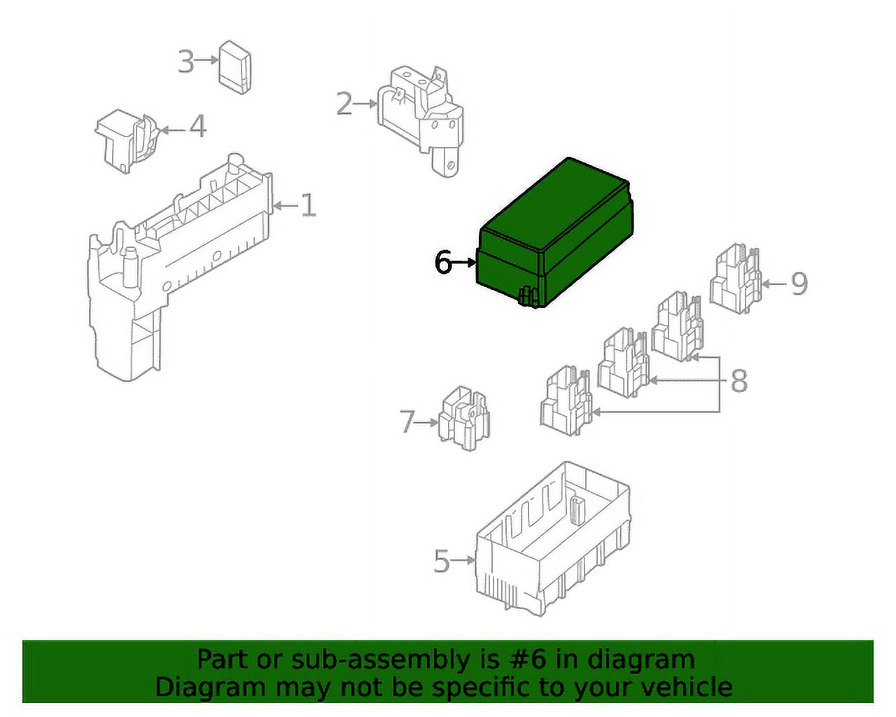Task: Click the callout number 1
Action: (x=309, y=205)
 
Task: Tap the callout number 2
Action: (x=344, y=104)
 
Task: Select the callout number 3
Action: (x=186, y=61)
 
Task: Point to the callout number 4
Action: (x=198, y=126)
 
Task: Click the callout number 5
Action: (x=442, y=561)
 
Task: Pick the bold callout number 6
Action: (x=442, y=262)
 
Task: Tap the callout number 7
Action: (x=407, y=422)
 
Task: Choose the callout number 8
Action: (x=739, y=380)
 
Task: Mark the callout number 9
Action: (x=799, y=284)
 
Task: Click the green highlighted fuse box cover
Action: (x=554, y=233)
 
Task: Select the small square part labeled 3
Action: (x=234, y=67)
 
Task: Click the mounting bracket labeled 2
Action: (x=421, y=121)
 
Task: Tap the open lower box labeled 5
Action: (x=553, y=540)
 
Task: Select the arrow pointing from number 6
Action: (x=463, y=263)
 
